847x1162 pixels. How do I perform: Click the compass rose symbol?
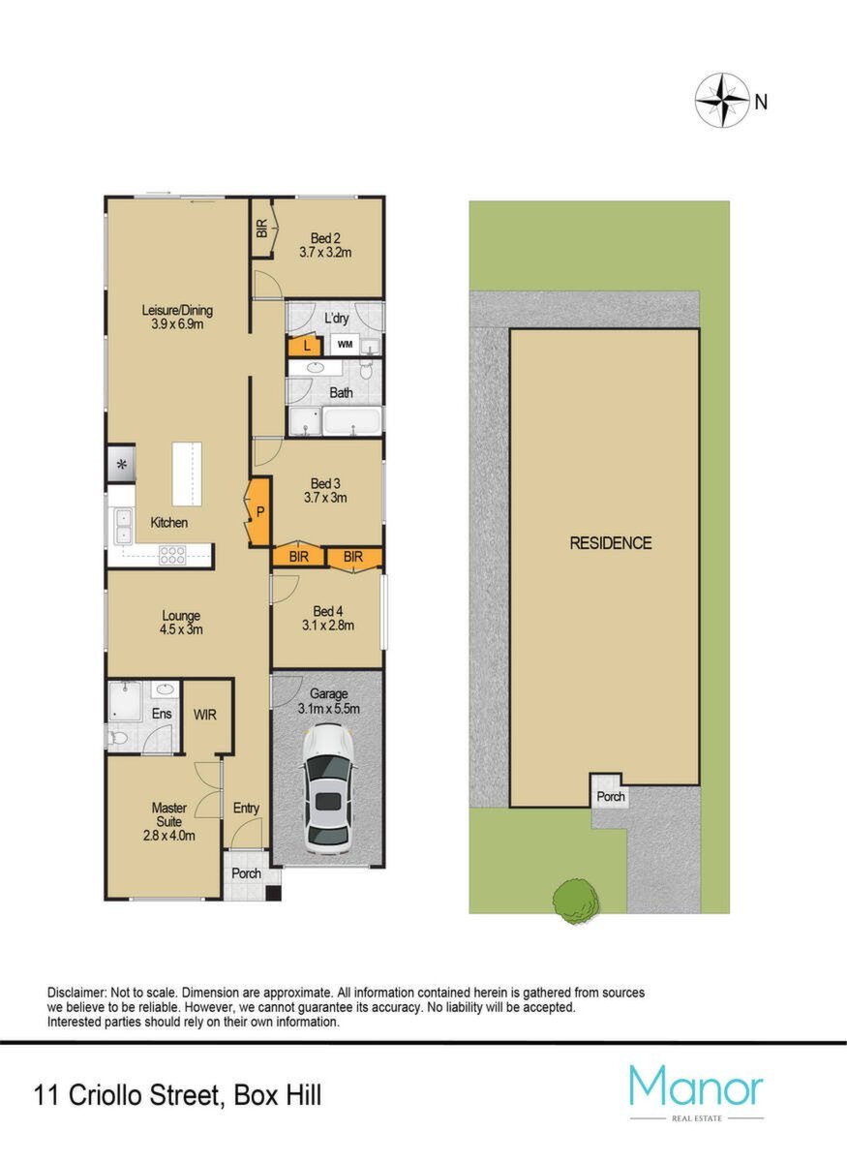722,101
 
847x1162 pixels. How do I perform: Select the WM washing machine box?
345,344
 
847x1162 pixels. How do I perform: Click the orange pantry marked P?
258,512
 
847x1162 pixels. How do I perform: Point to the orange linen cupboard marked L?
307,346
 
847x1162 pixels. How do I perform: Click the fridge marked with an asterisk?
122,464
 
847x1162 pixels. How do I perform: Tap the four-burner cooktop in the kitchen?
172,555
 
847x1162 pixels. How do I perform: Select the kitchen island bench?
187,474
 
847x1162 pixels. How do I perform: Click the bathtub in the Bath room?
352,420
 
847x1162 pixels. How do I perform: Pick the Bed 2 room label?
325,238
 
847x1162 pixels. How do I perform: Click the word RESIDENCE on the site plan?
611,543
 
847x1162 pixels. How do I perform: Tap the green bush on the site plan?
576,902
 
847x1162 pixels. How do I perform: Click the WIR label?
205,715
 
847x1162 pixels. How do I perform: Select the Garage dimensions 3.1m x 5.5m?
329,709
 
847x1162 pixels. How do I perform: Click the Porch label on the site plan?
611,796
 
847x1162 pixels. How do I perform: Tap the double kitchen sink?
124,527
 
